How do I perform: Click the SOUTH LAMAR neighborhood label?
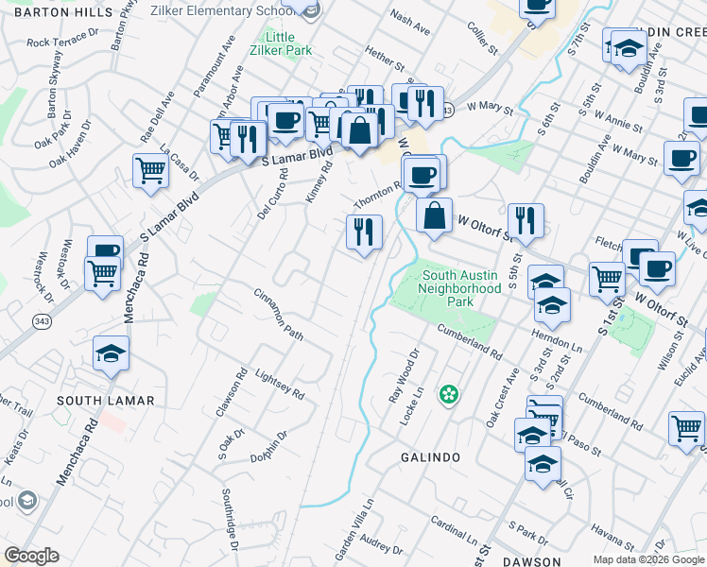(105, 401)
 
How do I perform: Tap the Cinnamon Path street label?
(278, 316)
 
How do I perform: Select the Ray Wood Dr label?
(404, 377)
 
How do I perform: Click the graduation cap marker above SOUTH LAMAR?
(111, 352)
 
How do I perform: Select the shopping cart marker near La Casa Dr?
(150, 171)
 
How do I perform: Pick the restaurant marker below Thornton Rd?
(364, 231)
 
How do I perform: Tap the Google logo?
(31, 556)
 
